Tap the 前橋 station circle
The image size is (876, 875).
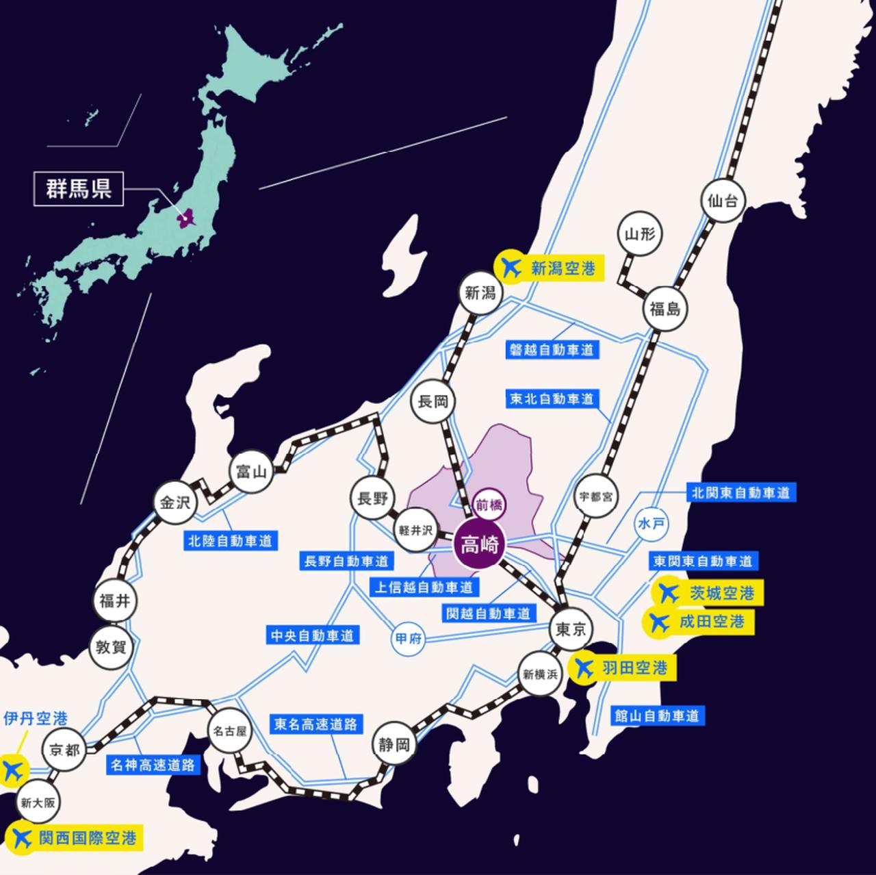click(x=489, y=502)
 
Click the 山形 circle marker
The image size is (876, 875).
click(x=640, y=235)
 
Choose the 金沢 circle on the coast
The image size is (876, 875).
click(x=174, y=503)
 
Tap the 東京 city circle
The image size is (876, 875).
click(x=570, y=629)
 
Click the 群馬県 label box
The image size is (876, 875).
click(x=79, y=189)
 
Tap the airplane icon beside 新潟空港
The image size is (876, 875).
click(x=510, y=267)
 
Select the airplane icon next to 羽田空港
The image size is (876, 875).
click(x=585, y=668)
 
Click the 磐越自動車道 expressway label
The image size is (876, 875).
click(x=552, y=349)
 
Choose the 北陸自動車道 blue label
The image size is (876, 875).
click(x=230, y=540)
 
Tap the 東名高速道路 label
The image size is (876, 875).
click(x=315, y=724)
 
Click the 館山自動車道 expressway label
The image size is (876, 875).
click(x=656, y=716)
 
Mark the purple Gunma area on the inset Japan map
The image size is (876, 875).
click(x=185, y=219)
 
